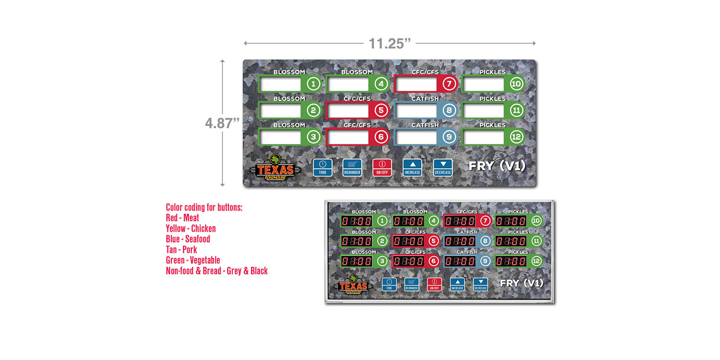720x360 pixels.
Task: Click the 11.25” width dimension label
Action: click(390, 44)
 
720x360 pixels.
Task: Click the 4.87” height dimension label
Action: click(222, 123)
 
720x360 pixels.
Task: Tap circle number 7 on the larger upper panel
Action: click(449, 84)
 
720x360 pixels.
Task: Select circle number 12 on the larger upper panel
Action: click(516, 137)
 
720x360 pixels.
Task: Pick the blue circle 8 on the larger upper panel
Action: click(449, 110)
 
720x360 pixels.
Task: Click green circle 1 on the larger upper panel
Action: click(313, 84)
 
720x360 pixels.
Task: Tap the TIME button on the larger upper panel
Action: click(323, 167)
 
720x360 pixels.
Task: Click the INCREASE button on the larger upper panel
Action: click(412, 167)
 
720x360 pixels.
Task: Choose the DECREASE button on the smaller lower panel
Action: click(481, 284)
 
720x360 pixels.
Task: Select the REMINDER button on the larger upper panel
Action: click(352, 167)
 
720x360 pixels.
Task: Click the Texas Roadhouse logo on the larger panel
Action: click(275, 168)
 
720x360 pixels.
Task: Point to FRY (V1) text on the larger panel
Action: click(497, 166)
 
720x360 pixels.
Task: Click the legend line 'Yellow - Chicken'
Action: click(191, 229)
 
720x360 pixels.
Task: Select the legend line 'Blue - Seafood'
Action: click(188, 239)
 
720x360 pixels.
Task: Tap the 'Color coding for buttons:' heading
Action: click(204, 207)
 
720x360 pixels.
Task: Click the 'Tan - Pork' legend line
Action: click(181, 250)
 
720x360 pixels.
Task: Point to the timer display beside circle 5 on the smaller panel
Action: click(409, 241)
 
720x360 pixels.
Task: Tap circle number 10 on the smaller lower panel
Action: click(536, 221)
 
